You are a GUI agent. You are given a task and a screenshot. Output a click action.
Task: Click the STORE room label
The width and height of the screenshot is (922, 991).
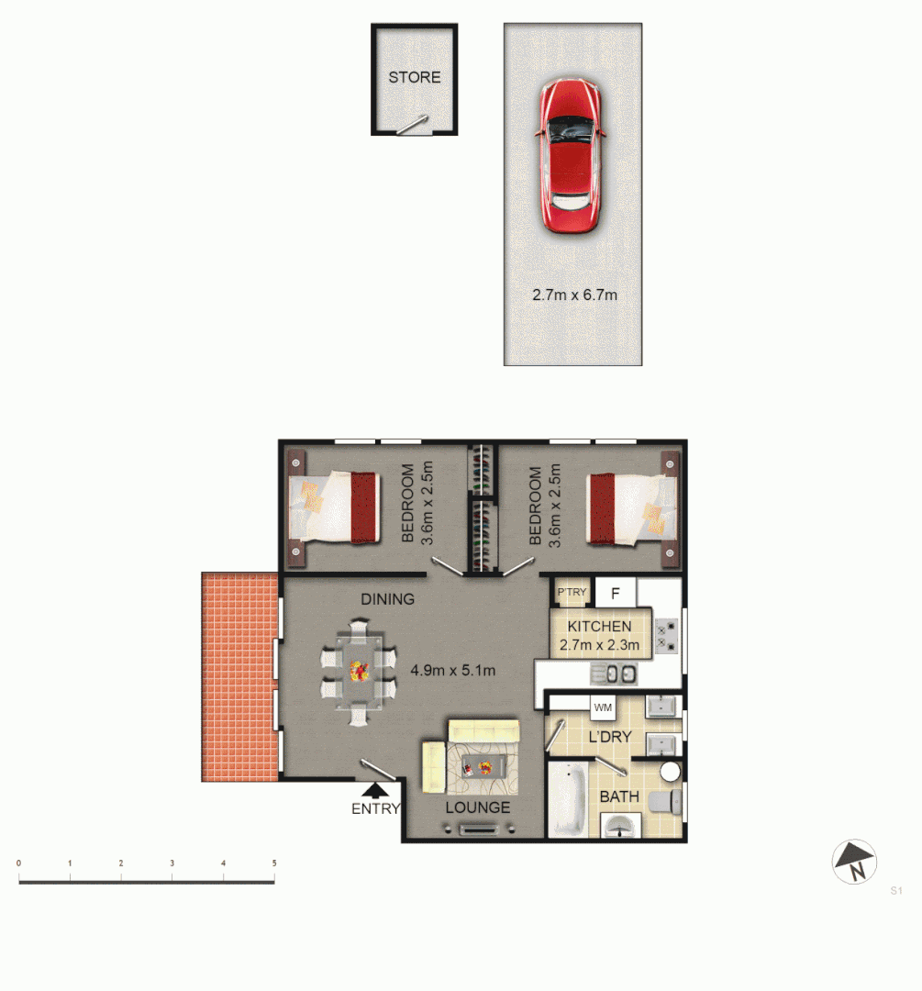click(x=414, y=77)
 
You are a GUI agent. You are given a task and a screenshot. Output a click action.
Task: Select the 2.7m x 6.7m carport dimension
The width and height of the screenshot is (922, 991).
click(x=573, y=295)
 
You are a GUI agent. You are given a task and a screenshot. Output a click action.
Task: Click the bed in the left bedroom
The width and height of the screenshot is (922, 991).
click(x=331, y=507)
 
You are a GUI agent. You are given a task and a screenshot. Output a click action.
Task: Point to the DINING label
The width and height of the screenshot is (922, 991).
click(x=387, y=599)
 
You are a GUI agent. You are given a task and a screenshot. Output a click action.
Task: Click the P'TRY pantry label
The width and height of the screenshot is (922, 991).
click(x=572, y=593)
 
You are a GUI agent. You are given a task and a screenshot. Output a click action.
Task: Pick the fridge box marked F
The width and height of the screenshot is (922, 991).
click(x=616, y=593)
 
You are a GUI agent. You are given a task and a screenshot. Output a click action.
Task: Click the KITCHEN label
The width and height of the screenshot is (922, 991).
click(x=599, y=627)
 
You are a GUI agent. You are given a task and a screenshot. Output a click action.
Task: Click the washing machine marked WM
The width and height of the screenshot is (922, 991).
click(x=602, y=707)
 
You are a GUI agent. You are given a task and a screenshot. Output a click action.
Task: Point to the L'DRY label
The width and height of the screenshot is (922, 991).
click(x=609, y=736)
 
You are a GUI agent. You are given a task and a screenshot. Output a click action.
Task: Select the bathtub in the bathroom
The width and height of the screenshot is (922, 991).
click(x=569, y=798)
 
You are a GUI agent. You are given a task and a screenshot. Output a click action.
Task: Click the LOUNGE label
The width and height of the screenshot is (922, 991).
click(x=477, y=807)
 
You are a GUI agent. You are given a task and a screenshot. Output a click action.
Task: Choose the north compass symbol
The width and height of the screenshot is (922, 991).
click(x=854, y=863)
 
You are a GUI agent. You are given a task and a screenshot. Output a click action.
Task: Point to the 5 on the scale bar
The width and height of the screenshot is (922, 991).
click(x=273, y=863)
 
